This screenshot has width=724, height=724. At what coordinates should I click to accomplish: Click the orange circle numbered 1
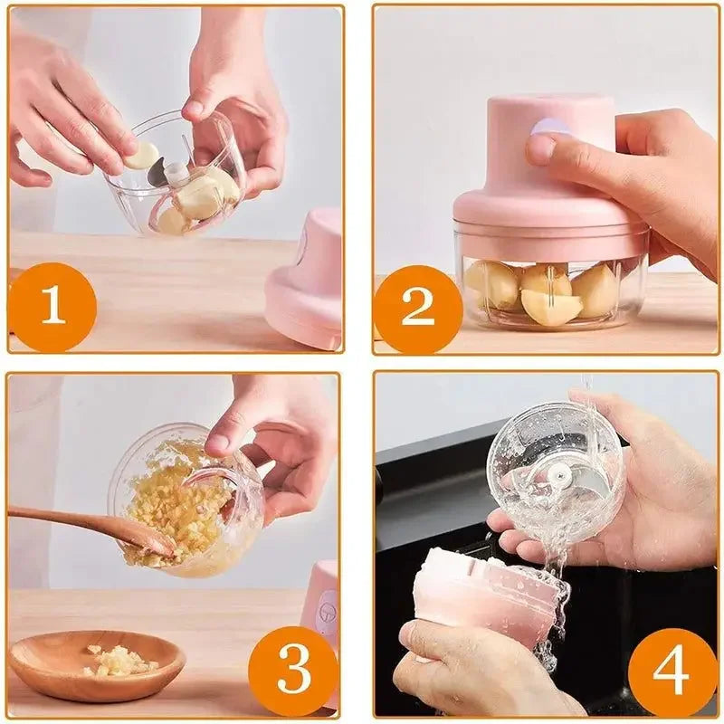click(52, 307)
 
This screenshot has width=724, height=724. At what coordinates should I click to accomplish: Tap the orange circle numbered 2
click(417, 310)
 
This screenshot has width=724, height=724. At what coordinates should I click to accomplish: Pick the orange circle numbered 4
click(672, 671)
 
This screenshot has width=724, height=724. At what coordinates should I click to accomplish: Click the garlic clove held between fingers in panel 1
click(141, 156)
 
